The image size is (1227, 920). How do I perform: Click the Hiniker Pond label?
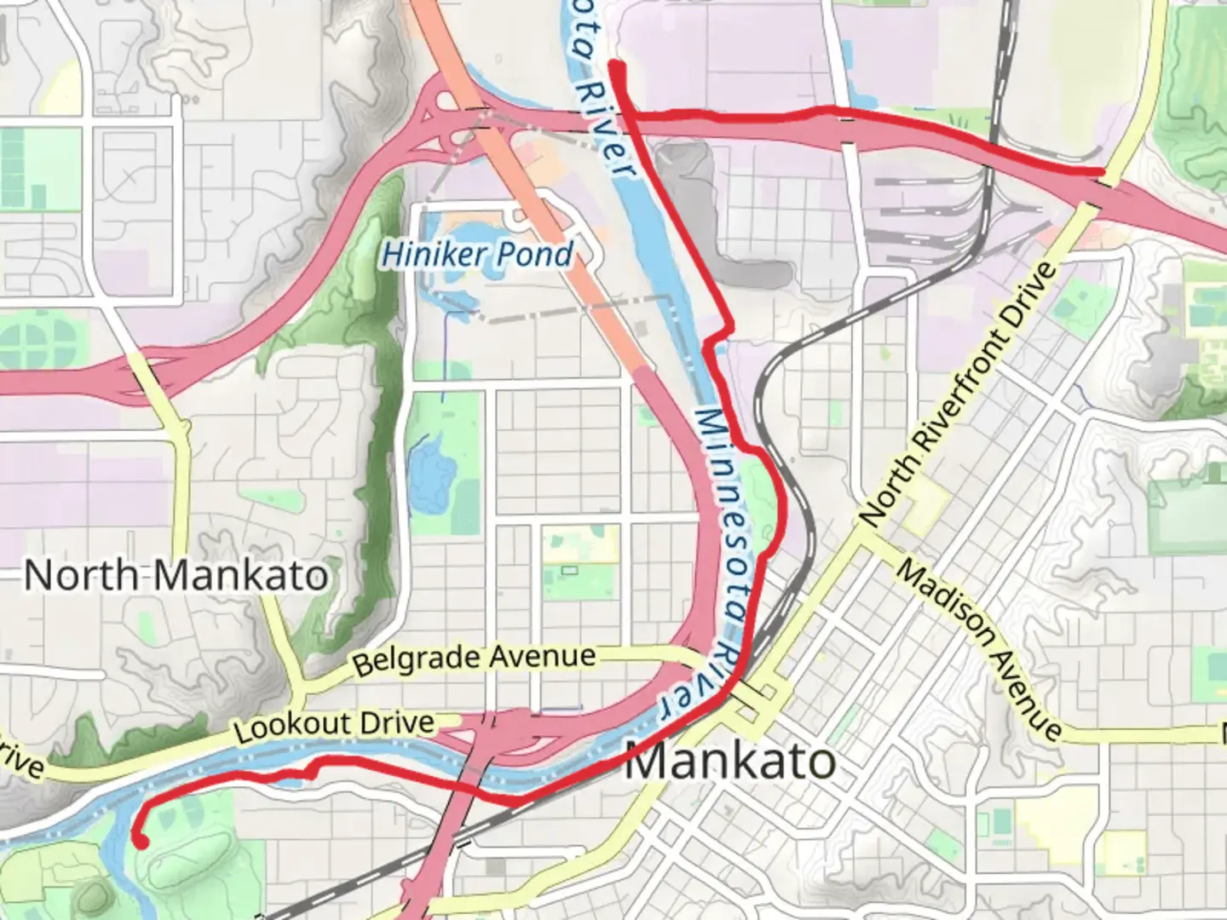477,254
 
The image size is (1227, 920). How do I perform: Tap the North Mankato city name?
176,576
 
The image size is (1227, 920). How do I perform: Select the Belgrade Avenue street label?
474,658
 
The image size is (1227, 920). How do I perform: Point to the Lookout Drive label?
334,726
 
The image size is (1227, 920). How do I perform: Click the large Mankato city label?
729,761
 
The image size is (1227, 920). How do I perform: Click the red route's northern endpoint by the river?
615,66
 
